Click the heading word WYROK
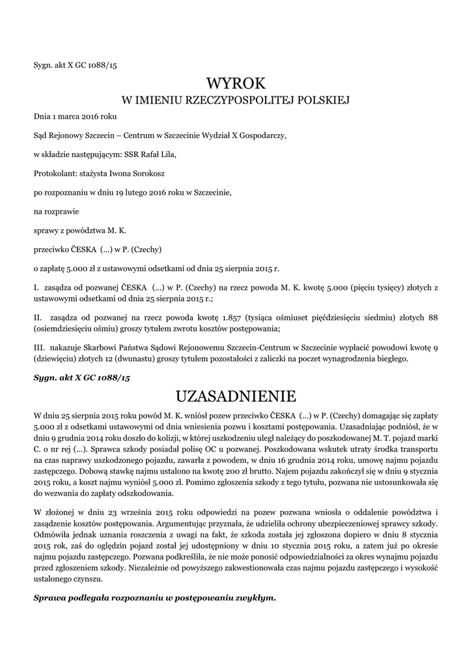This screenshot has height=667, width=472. [236, 83]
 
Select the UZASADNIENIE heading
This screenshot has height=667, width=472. [236, 395]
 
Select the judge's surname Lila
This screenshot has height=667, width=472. [166, 155]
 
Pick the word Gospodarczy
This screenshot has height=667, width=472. [259, 136]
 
